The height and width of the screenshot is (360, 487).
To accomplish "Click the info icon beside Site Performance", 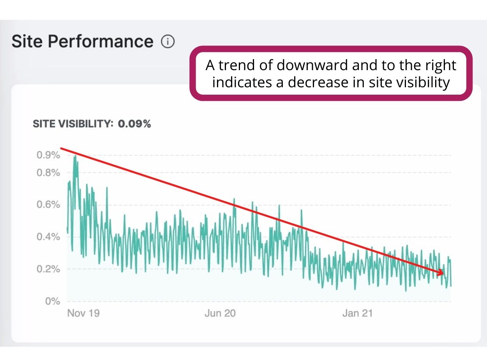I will (x=168, y=41).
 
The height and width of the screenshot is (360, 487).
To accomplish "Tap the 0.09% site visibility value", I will (x=134, y=124).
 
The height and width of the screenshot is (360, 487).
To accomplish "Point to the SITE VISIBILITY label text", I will (x=73, y=124).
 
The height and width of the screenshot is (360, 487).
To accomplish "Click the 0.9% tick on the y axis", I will (x=48, y=155).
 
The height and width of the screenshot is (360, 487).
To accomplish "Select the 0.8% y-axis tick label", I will (x=48, y=173).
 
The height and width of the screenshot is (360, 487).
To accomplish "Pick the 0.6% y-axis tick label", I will (x=48, y=205).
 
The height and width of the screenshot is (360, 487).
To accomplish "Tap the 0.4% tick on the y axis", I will (x=48, y=237).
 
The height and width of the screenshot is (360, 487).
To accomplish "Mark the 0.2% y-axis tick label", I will (x=48, y=269).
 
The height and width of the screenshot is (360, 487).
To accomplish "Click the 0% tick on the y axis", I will (x=52, y=301).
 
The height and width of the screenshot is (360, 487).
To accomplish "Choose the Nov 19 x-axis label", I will (x=83, y=313).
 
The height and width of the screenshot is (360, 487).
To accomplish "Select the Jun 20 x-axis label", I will (x=220, y=313).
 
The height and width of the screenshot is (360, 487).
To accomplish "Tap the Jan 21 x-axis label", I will (x=357, y=313).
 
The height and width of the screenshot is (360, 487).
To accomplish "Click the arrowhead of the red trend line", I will (x=441, y=273).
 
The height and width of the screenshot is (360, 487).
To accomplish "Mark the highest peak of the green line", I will (x=74, y=156).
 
